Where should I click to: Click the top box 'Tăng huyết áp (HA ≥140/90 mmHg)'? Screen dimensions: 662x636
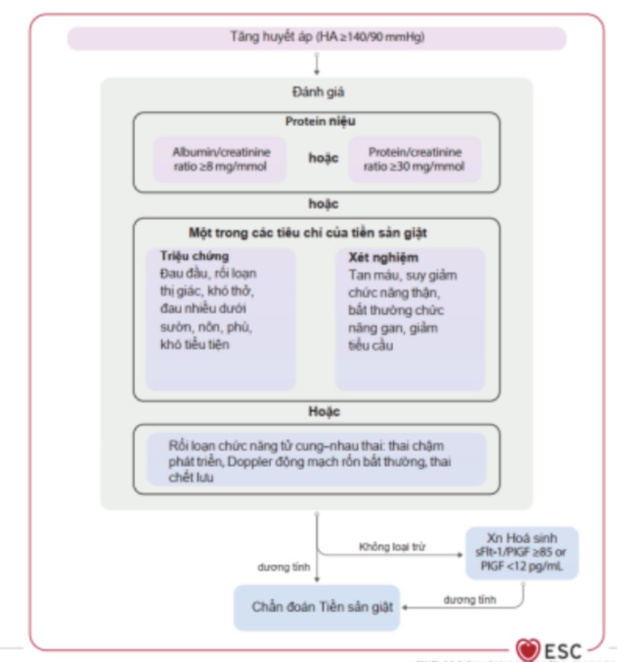(317, 38)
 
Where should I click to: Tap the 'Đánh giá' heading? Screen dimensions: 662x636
(318, 92)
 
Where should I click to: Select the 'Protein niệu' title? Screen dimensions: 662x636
(320, 121)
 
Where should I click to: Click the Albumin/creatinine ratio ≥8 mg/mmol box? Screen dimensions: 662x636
(220, 159)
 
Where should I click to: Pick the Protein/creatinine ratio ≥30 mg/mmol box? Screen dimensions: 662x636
(414, 159)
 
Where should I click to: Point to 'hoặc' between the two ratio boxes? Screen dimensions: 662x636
(323, 158)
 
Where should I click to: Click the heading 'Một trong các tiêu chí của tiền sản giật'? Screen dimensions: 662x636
(308, 233)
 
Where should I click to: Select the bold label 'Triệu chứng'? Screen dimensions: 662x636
(195, 256)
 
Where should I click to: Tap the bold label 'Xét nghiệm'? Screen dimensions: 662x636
(383, 257)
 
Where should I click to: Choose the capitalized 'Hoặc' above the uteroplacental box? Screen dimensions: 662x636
(324, 411)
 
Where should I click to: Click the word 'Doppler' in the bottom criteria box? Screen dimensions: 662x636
(250, 462)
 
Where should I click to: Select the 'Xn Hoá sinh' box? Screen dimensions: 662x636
(522, 552)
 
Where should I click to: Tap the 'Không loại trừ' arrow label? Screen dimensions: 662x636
(392, 547)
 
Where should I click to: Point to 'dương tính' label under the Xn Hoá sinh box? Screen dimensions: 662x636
(470, 600)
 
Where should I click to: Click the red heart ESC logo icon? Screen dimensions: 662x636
(527, 649)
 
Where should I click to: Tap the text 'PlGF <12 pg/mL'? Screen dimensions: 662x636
(522, 566)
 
